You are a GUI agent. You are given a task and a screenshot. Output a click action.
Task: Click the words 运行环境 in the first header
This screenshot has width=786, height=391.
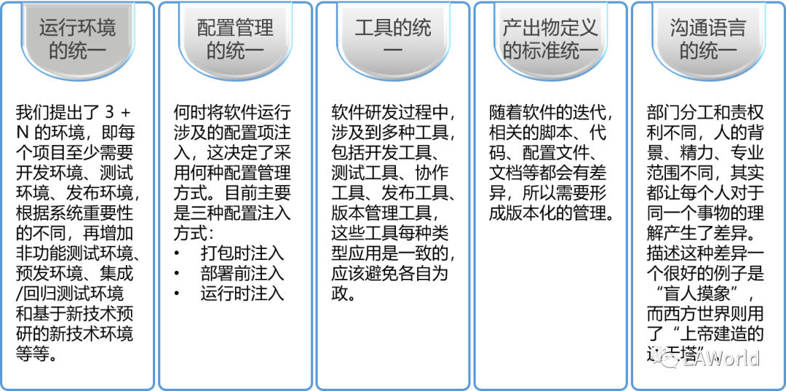[x=77, y=29]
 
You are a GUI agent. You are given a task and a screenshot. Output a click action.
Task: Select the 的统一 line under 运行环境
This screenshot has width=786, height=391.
[x=77, y=52]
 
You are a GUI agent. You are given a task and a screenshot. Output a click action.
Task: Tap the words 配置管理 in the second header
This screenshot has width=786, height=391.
[x=235, y=29]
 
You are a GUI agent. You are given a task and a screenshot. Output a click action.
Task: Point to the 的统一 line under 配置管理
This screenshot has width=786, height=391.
[x=235, y=52]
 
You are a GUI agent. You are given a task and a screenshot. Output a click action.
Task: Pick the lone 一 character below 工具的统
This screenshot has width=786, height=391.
[x=393, y=52]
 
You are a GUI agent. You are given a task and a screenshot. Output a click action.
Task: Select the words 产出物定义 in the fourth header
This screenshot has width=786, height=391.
[x=550, y=29]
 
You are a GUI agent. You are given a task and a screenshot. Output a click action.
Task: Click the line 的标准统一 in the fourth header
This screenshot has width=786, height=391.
[x=550, y=52]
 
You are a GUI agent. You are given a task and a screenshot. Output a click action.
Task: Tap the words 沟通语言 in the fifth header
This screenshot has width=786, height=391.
[x=708, y=29]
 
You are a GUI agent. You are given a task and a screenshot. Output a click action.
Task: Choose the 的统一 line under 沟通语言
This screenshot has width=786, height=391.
[x=708, y=52]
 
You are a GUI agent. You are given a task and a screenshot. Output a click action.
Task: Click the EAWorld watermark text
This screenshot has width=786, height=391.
[x=720, y=358]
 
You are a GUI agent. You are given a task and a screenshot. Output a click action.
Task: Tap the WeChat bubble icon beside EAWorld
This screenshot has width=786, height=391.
[x=664, y=357]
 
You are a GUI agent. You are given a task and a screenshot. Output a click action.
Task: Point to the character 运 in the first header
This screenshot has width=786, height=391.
[x=49, y=29]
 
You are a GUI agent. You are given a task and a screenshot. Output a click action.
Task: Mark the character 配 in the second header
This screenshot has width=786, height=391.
[x=207, y=29]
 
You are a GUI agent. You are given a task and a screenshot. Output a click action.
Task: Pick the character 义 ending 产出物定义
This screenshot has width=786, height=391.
[x=588, y=29]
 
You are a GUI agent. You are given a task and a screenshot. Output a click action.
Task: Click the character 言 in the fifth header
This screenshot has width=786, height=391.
[x=737, y=29]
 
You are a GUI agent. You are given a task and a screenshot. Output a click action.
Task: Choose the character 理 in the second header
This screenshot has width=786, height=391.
[x=264, y=29]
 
